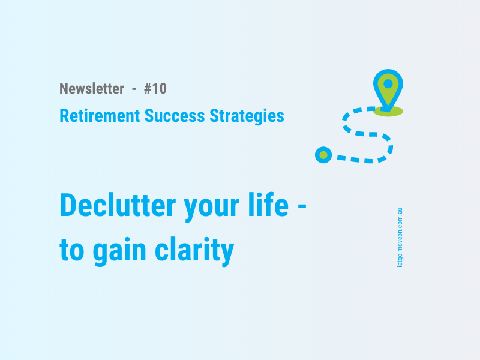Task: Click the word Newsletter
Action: [x=92, y=89]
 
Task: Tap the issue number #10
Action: [x=155, y=89]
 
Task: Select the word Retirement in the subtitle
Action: [x=100, y=116]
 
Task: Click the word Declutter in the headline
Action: [x=118, y=206]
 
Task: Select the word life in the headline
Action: [x=269, y=205]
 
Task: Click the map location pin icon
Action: [x=388, y=89]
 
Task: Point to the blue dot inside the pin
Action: [x=388, y=84]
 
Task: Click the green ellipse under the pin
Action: [x=388, y=112]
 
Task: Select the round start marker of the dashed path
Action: [x=323, y=155]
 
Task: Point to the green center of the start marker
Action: [x=323, y=155]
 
